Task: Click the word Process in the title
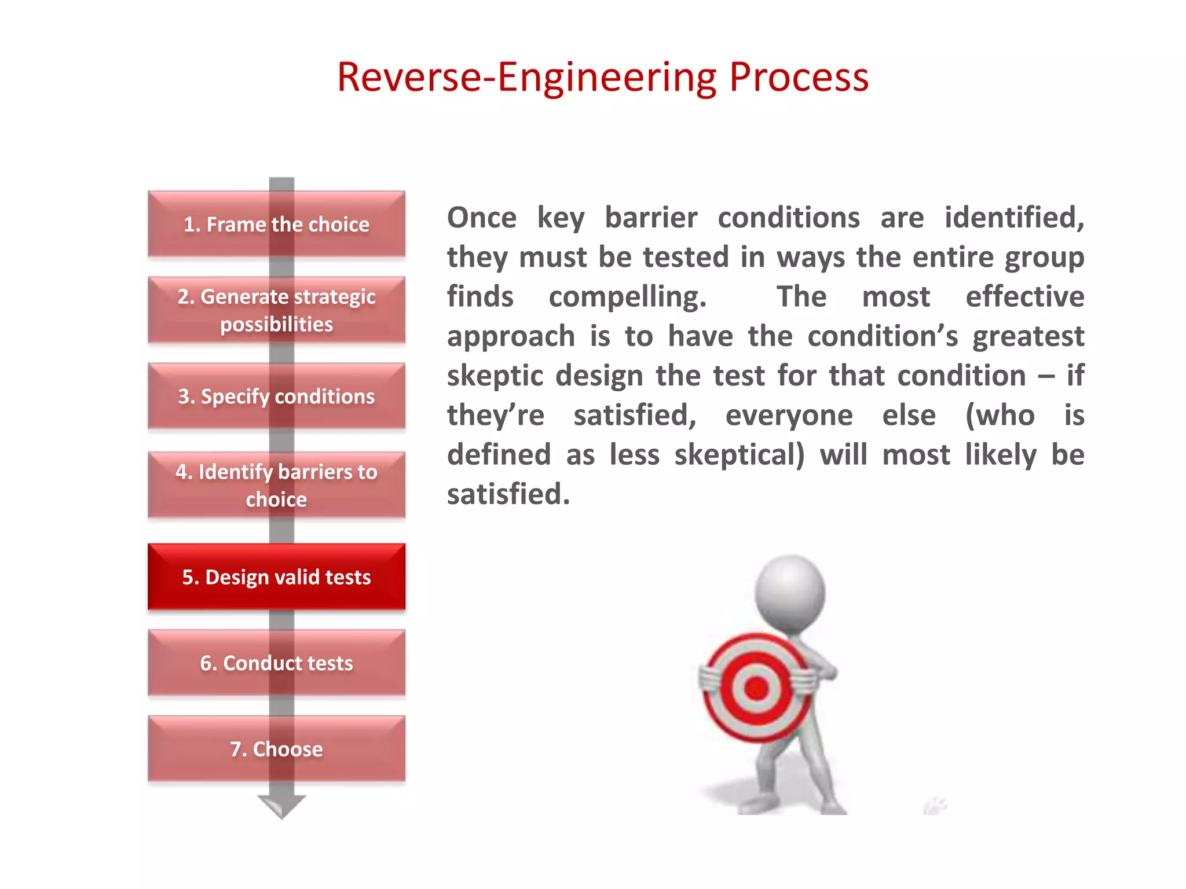click(x=799, y=78)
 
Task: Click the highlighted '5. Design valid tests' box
click(x=276, y=577)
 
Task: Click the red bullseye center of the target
click(x=756, y=688)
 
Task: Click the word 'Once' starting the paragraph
click(x=481, y=218)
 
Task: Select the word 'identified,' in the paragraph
click(x=1014, y=218)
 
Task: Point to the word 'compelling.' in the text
click(x=628, y=297)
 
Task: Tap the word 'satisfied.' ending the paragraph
click(x=508, y=495)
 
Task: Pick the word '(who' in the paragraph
click(x=1000, y=416)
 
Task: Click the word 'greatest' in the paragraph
click(x=1028, y=337)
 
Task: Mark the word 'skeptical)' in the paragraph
click(x=740, y=455)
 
